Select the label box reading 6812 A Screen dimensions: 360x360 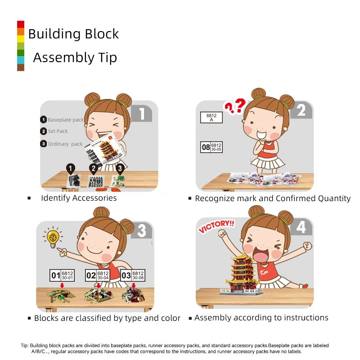[x=211, y=117]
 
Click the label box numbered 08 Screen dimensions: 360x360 [x=211, y=147]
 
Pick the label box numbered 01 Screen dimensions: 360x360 [x=62, y=275]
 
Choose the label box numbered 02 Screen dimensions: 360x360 [x=97, y=275]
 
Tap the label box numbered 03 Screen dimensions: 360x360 [x=133, y=275]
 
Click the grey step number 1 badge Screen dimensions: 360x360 [x=141, y=113]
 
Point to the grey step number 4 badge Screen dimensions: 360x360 [x=301, y=227]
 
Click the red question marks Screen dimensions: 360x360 [x=235, y=106]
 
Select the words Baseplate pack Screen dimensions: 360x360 [x=66, y=120]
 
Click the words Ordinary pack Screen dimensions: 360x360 [x=65, y=144]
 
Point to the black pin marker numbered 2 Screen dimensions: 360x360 [x=94, y=169]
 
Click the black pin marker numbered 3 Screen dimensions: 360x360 [x=120, y=169]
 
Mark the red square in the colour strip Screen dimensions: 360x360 [x=21, y=24]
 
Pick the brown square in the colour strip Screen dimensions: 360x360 [x=21, y=67]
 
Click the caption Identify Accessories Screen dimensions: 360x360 [x=79, y=198]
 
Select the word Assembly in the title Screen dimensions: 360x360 [x=63, y=58]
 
